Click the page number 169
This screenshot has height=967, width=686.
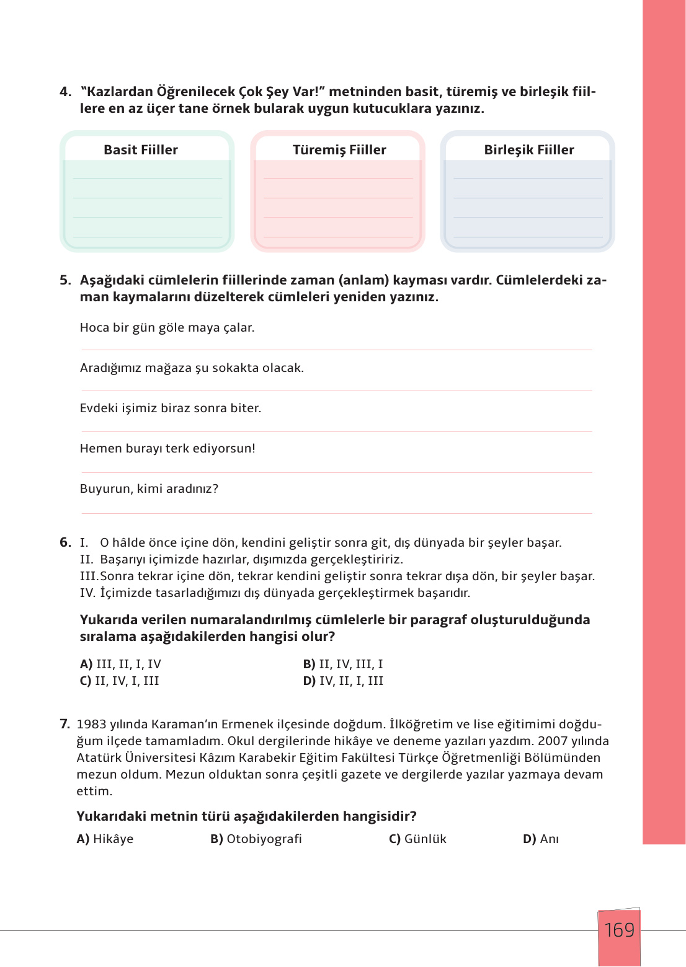(619, 930)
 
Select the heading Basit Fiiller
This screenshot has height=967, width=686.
(141, 150)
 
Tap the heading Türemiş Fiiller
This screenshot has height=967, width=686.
(339, 150)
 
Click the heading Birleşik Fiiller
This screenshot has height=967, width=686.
(529, 150)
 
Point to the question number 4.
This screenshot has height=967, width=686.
(65, 92)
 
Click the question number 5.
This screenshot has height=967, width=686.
(65, 280)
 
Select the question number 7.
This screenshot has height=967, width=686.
(65, 724)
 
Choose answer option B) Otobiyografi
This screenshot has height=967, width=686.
(256, 839)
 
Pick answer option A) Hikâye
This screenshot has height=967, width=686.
(105, 839)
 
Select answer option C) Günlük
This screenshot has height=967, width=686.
(417, 839)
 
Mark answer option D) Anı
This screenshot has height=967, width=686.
(541, 839)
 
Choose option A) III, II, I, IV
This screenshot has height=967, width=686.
(120, 664)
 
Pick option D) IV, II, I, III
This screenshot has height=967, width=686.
(343, 681)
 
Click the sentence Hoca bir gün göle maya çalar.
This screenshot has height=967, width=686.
(167, 327)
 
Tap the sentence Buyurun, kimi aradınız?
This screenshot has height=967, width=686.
(149, 488)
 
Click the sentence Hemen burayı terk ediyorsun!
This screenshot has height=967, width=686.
(167, 448)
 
